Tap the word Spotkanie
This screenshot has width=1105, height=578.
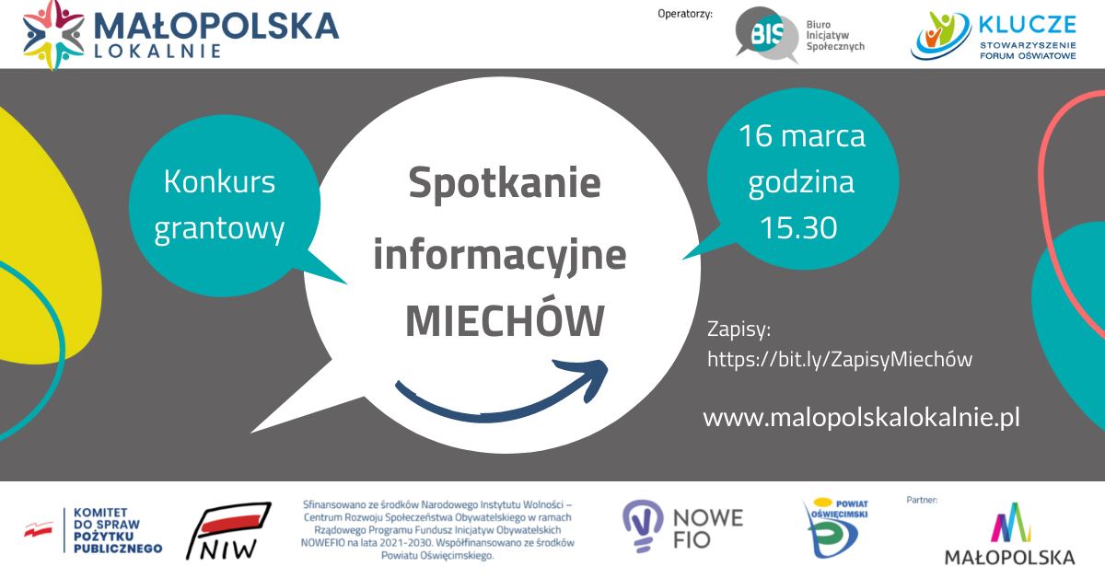pyautogui.click(x=505, y=184)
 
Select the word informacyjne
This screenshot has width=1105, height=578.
pyautogui.click(x=500, y=257)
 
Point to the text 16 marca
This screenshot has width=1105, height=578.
pyautogui.click(x=802, y=135)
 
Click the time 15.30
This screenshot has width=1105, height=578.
pyautogui.click(x=798, y=227)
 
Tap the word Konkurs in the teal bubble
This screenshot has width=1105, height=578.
pyautogui.click(x=219, y=181)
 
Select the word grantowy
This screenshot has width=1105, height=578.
pyautogui.click(x=219, y=229)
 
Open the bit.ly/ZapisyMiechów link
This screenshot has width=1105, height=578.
pyautogui.click(x=840, y=359)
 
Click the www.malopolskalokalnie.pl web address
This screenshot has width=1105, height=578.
pyautogui.click(x=861, y=417)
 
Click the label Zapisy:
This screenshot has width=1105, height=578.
pyautogui.click(x=739, y=329)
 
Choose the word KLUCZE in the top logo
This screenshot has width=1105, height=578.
pyautogui.click(x=1027, y=25)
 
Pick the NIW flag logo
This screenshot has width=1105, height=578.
pyautogui.click(x=228, y=531)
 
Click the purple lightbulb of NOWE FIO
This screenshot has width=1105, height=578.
pyautogui.click(x=643, y=526)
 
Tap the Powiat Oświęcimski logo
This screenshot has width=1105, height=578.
pyautogui.click(x=837, y=527)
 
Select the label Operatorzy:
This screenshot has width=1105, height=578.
pyautogui.click(x=685, y=14)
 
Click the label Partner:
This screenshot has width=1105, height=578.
pyautogui.click(x=922, y=500)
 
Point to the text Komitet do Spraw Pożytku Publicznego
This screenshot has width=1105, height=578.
pyautogui.click(x=118, y=531)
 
